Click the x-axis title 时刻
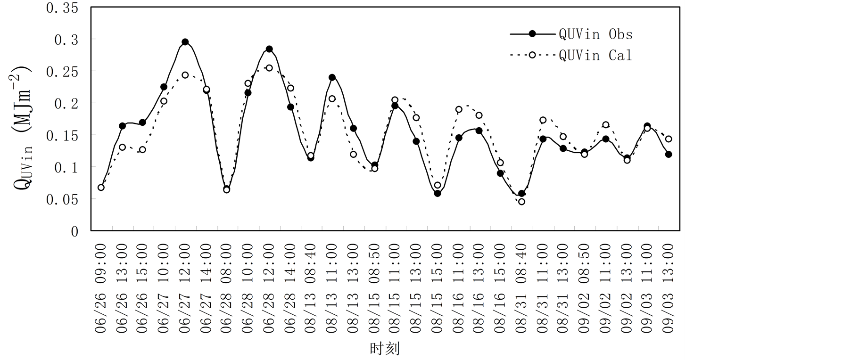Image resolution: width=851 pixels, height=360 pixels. point(384,349)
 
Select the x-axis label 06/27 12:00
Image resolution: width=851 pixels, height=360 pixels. point(185,288)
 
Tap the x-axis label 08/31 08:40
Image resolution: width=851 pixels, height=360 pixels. point(521,288)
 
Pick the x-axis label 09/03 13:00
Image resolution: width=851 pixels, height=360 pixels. point(669,288)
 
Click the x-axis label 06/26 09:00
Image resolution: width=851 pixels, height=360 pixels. point(101,288)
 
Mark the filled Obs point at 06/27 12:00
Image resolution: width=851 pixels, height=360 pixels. point(185,42)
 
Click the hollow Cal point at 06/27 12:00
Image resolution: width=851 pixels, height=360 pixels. point(185,75)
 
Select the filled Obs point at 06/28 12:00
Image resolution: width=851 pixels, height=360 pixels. point(269,49)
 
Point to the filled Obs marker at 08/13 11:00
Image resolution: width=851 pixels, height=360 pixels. point(332,77)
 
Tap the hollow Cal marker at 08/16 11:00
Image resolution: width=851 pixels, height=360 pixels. point(459,109)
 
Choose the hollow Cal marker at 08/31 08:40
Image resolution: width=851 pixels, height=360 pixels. point(521,202)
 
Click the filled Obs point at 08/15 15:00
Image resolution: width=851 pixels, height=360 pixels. point(438,193)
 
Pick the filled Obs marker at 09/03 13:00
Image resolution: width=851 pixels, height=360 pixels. point(669,155)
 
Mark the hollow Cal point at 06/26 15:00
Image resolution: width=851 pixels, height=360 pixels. point(142,150)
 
